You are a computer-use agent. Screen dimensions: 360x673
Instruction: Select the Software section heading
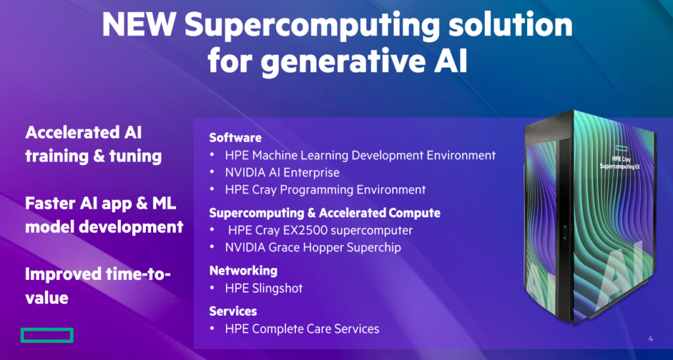235,138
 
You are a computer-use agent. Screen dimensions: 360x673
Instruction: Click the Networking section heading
243,271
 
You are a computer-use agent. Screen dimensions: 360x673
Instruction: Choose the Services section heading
233,311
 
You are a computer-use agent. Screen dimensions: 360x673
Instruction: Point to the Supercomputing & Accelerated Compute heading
325,213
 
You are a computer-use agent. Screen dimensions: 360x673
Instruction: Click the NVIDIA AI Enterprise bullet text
282,173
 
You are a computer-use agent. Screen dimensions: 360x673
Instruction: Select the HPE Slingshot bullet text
264,288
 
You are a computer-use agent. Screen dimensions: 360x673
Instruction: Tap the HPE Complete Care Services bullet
302,328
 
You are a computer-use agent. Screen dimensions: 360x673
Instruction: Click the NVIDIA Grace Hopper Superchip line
313,248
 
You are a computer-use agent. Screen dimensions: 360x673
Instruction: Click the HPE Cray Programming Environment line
325,190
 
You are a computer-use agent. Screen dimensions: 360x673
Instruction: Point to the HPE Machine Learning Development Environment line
360,156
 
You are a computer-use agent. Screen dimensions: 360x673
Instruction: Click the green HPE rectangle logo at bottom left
47,335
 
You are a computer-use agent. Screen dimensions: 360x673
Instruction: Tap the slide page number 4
651,339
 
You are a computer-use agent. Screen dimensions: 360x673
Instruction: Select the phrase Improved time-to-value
97,285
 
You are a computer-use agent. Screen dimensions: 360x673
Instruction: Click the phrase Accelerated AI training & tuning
93,145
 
